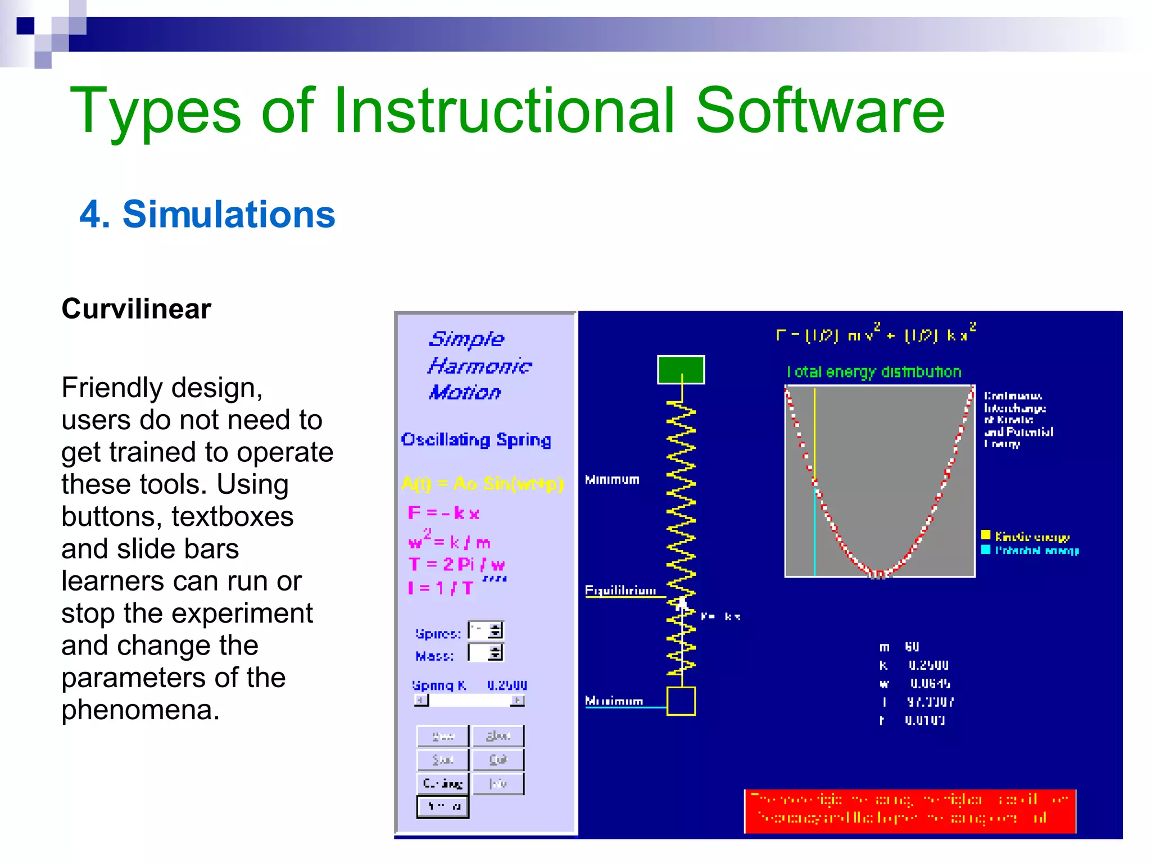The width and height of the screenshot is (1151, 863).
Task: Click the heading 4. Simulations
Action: coord(207,215)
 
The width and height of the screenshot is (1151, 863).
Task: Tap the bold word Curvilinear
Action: coord(136,308)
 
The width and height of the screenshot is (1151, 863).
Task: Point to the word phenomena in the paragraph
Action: coord(140,710)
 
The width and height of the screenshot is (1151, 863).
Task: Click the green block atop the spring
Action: coord(681,370)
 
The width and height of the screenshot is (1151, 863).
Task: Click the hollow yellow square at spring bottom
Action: coord(681,701)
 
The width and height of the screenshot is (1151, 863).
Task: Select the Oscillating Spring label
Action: coord(476,439)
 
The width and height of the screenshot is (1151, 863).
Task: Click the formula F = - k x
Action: coord(443,513)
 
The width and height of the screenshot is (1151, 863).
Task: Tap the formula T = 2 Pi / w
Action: coord(456,564)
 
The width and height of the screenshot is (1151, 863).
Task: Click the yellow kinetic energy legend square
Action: coord(986,535)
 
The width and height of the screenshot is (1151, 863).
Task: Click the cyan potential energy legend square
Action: coord(986,549)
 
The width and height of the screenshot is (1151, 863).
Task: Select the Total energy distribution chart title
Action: coord(874,372)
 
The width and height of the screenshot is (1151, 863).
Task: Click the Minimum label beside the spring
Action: coord(612,479)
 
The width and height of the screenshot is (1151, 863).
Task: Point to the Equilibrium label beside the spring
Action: coord(620,590)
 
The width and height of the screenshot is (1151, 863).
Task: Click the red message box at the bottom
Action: coord(909,811)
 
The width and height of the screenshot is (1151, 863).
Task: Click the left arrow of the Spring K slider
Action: coord(421,700)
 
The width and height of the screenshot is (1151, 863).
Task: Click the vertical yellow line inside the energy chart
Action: coord(815,433)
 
